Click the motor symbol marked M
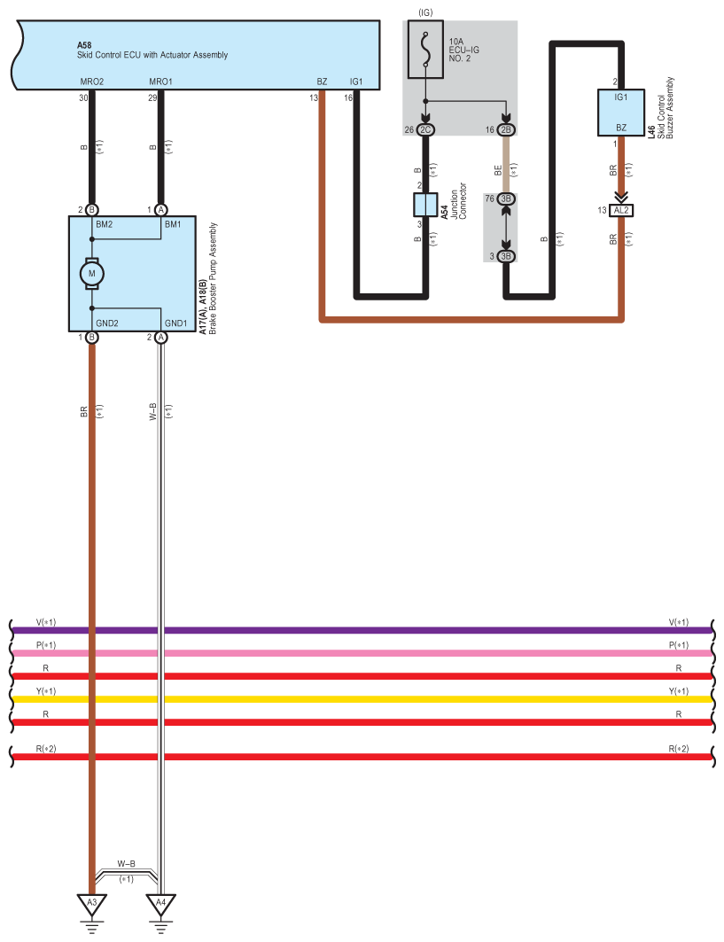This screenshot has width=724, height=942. click(x=91, y=274)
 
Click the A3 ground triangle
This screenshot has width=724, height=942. click(x=91, y=906)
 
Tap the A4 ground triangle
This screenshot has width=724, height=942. click(x=160, y=906)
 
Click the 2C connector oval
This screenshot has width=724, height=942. click(x=426, y=130)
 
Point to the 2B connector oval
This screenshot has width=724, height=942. click(x=506, y=130)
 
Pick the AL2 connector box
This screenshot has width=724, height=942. click(x=621, y=210)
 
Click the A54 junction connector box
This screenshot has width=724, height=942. click(x=426, y=205)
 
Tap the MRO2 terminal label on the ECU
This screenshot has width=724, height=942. click(x=92, y=82)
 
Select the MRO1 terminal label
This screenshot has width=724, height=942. click(x=161, y=82)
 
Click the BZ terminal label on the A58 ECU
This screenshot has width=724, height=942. click(x=322, y=82)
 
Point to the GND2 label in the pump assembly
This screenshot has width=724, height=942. click(x=107, y=323)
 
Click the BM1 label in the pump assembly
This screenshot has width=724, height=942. click(x=174, y=225)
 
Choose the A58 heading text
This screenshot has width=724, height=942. click(x=85, y=43)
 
